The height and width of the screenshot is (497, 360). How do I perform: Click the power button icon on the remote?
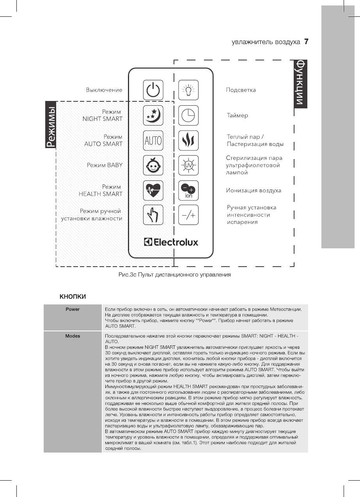click(153, 90)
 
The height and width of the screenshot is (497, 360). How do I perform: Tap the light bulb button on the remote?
click(188, 90)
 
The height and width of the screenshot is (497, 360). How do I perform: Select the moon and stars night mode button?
click(153, 115)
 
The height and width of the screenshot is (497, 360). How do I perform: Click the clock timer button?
click(188, 115)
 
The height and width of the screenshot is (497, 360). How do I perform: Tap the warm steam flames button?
click(188, 140)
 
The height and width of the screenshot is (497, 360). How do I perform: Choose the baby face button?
click(153, 165)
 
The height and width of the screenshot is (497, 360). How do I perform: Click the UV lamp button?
click(188, 165)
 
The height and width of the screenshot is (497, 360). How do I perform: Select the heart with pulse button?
click(153, 190)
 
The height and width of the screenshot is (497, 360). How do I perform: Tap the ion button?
click(188, 190)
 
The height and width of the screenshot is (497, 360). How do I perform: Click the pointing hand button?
click(153, 215)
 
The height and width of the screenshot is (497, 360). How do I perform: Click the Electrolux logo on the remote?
click(171, 242)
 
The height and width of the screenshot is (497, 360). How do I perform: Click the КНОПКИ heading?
click(73, 297)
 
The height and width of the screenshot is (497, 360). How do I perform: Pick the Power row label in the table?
click(73, 309)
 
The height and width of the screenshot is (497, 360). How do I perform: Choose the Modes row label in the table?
click(73, 336)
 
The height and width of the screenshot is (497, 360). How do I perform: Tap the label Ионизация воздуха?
click(254, 191)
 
